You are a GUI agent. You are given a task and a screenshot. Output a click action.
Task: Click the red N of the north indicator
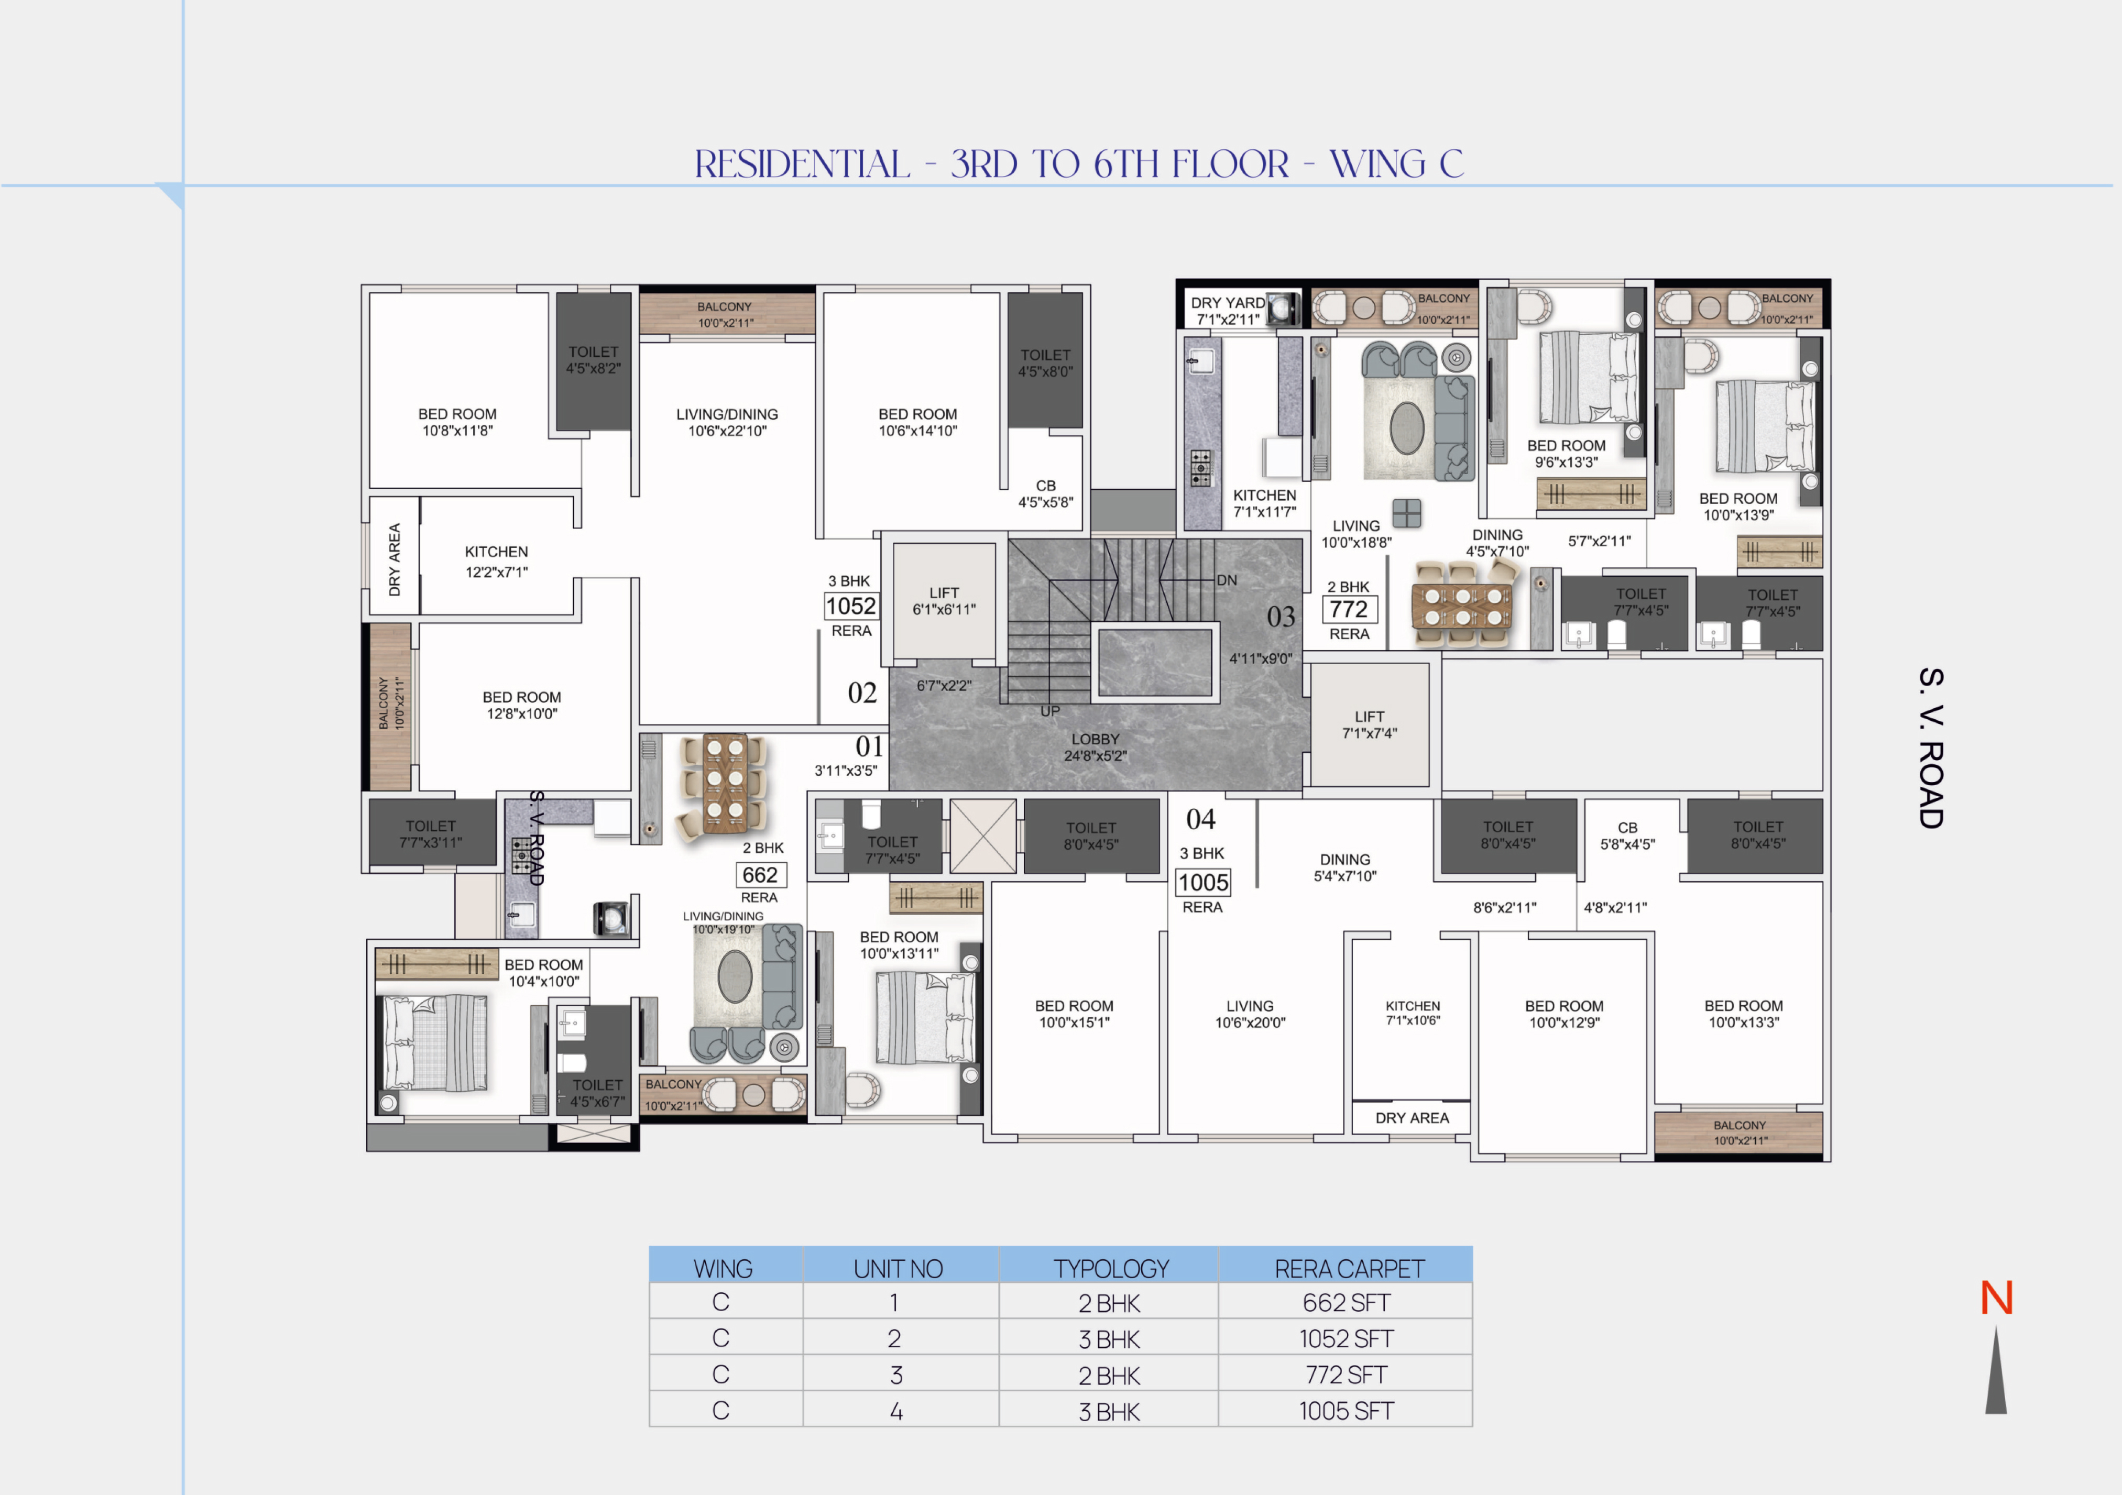(x=1996, y=1298)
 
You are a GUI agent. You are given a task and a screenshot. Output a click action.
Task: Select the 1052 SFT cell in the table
(x=1346, y=1338)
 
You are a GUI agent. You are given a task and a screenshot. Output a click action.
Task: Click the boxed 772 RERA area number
(x=1349, y=609)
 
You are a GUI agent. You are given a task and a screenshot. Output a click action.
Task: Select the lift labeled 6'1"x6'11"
(x=944, y=601)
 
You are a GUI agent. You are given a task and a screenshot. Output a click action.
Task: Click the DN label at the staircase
(x=1227, y=580)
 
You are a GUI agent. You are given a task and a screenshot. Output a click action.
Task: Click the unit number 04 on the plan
(x=1200, y=819)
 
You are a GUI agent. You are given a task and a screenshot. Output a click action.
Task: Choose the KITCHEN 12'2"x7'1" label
(x=496, y=562)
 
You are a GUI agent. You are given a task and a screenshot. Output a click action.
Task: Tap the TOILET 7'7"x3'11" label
(x=431, y=834)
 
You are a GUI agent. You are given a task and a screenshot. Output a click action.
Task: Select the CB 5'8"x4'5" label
(x=1627, y=836)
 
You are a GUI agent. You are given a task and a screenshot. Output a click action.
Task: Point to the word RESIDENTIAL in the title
(x=802, y=164)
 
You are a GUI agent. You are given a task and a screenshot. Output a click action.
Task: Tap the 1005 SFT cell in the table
(x=1346, y=1410)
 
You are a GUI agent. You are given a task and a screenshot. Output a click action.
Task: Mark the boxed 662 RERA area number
(x=760, y=875)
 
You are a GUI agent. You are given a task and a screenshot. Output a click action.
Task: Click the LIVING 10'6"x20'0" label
(x=1250, y=1014)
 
